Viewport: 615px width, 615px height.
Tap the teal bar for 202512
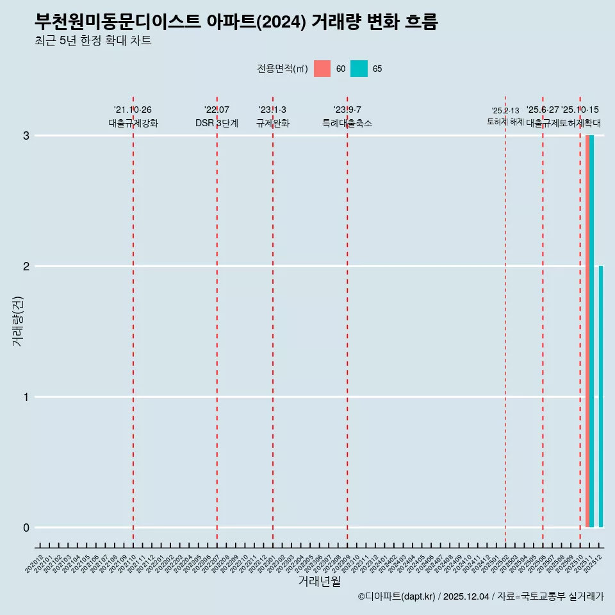coord(601,397)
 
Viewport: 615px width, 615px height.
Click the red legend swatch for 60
coord(322,69)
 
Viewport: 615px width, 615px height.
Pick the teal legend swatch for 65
coord(359,69)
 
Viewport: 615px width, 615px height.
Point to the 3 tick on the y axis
coord(26,136)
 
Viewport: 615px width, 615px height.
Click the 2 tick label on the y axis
coord(26,266)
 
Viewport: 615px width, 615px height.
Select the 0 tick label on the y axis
coord(26,528)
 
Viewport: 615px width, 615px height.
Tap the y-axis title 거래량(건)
coord(18,321)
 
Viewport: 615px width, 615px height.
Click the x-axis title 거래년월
coord(319,581)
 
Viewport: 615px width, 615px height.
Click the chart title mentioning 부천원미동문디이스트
coord(236,22)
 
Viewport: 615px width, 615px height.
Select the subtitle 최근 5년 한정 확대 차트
coord(94,41)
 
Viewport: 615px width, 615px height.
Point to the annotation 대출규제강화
coord(133,124)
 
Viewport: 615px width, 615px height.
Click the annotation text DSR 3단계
coord(217,124)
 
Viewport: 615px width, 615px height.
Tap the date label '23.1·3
coord(272,110)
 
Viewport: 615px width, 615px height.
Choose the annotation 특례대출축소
coord(347,124)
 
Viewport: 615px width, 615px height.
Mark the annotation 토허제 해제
coord(505,122)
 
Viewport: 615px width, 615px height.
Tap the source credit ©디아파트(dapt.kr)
coord(397,596)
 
